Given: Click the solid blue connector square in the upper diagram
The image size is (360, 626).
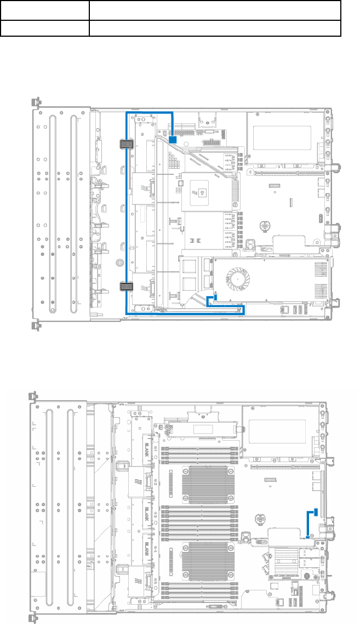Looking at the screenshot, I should [172, 140].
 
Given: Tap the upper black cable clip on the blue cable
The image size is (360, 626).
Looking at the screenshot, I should [127, 145].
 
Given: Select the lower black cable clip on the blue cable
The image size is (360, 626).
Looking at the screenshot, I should [127, 286].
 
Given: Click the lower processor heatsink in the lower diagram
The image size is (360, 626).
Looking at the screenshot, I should [203, 561].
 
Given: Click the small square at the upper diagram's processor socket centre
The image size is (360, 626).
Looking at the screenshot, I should [203, 192].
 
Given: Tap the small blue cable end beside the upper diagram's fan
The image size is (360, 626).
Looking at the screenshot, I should [215, 298].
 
